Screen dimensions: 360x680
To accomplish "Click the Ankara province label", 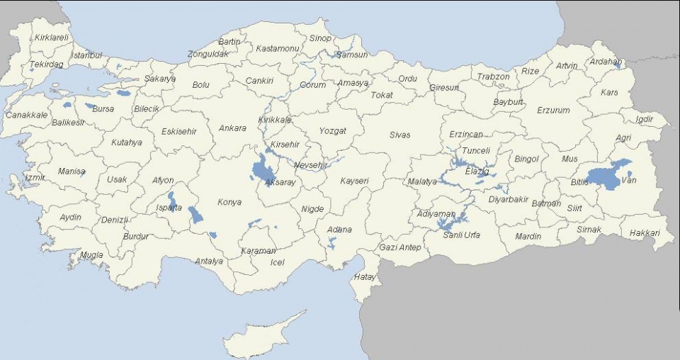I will pos(232,128).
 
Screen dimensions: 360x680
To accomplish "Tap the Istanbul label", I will pos(87,55).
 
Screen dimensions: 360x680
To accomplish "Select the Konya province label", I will pos(229,202).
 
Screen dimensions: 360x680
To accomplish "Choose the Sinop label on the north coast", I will pos(320,38).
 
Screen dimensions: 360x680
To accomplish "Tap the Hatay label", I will pos(365,277).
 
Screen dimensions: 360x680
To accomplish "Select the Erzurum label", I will pos(553,111).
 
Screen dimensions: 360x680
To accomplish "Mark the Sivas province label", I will pos(399,135).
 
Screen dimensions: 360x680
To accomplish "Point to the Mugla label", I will pos(91,255).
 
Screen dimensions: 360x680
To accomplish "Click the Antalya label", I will pos(209,261).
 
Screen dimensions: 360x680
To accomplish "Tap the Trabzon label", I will pos(493,77).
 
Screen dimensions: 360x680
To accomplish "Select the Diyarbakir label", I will pos(509,199).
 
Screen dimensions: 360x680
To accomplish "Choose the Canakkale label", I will pos(27,115).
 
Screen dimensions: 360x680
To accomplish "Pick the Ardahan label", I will pos(606,62).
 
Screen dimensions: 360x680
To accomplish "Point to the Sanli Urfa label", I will pos(461,235).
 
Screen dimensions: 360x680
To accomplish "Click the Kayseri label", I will pos(354,181).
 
